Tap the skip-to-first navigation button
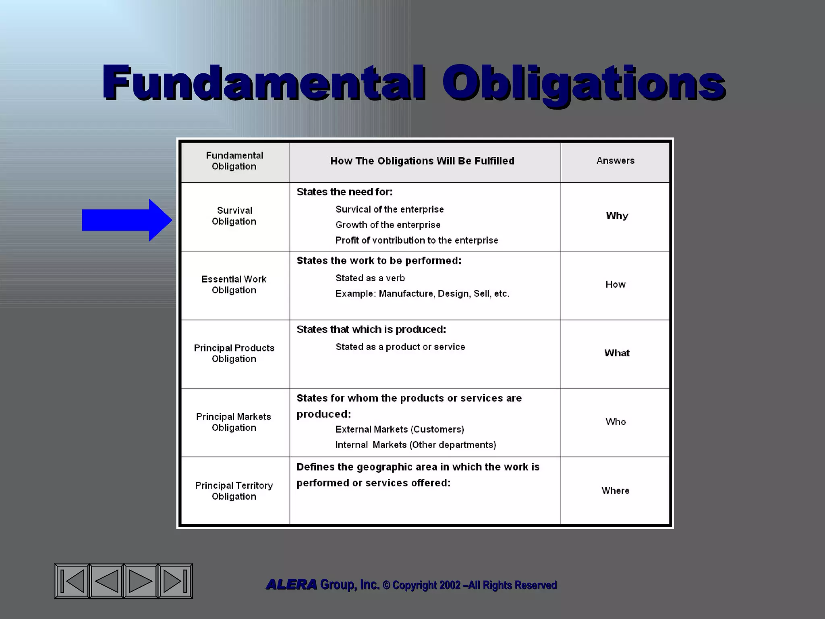pyautogui.click(x=73, y=581)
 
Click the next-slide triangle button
pyautogui.click(x=140, y=581)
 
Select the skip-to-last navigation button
pyautogui.click(x=175, y=581)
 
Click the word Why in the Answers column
pyautogui.click(x=617, y=216)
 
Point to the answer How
pyautogui.click(x=616, y=285)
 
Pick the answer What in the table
pyautogui.click(x=617, y=353)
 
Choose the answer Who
pyautogui.click(x=616, y=422)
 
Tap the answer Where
pyautogui.click(x=616, y=490)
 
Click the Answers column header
pyautogui.click(x=616, y=161)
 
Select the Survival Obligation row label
pyautogui.click(x=234, y=216)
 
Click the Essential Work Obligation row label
pyautogui.click(x=234, y=285)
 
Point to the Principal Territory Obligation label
pyautogui.click(x=234, y=491)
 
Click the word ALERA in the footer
pyautogui.click(x=291, y=585)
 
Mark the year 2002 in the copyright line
pyautogui.click(x=450, y=585)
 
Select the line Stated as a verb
pyautogui.click(x=370, y=278)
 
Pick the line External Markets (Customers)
pyautogui.click(x=400, y=430)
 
